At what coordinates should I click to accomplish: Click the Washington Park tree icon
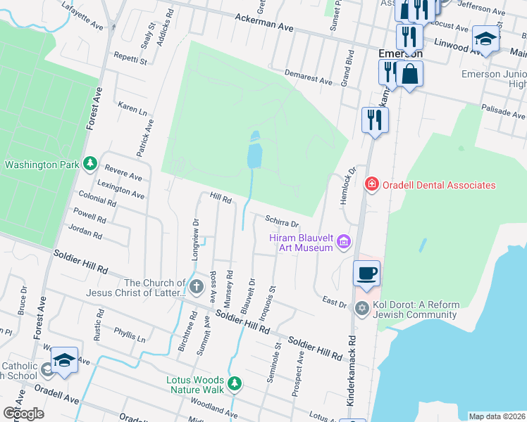89,165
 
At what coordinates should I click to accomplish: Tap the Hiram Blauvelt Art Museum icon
344,243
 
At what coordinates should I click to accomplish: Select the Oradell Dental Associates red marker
371,185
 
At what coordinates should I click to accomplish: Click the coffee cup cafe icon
366,273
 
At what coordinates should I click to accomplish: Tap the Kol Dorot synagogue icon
362,309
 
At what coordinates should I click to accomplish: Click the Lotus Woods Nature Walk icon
235,384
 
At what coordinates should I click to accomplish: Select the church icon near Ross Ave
196,286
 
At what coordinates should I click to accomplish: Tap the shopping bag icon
409,73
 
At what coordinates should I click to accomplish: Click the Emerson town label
400,53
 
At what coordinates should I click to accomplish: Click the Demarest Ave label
308,77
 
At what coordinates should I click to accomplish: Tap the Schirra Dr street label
282,222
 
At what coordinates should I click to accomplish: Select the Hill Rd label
222,200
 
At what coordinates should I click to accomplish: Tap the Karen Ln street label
132,109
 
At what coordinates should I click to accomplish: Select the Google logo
23,413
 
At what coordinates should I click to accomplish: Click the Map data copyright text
497,416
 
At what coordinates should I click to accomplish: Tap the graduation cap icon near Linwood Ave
485,39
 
